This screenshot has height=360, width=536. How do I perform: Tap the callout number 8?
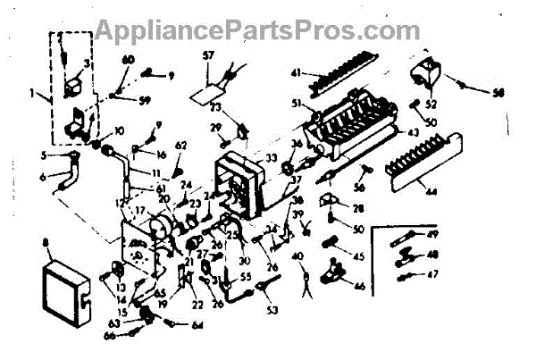[x=45, y=241]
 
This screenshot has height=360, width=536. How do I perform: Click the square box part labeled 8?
[x=63, y=290]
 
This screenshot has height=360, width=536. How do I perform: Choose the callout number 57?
[x=209, y=57]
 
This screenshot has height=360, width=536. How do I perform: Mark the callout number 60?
[x=126, y=60]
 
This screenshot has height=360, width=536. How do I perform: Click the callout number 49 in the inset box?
[x=435, y=234]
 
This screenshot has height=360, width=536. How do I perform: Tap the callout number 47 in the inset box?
[x=435, y=273]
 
